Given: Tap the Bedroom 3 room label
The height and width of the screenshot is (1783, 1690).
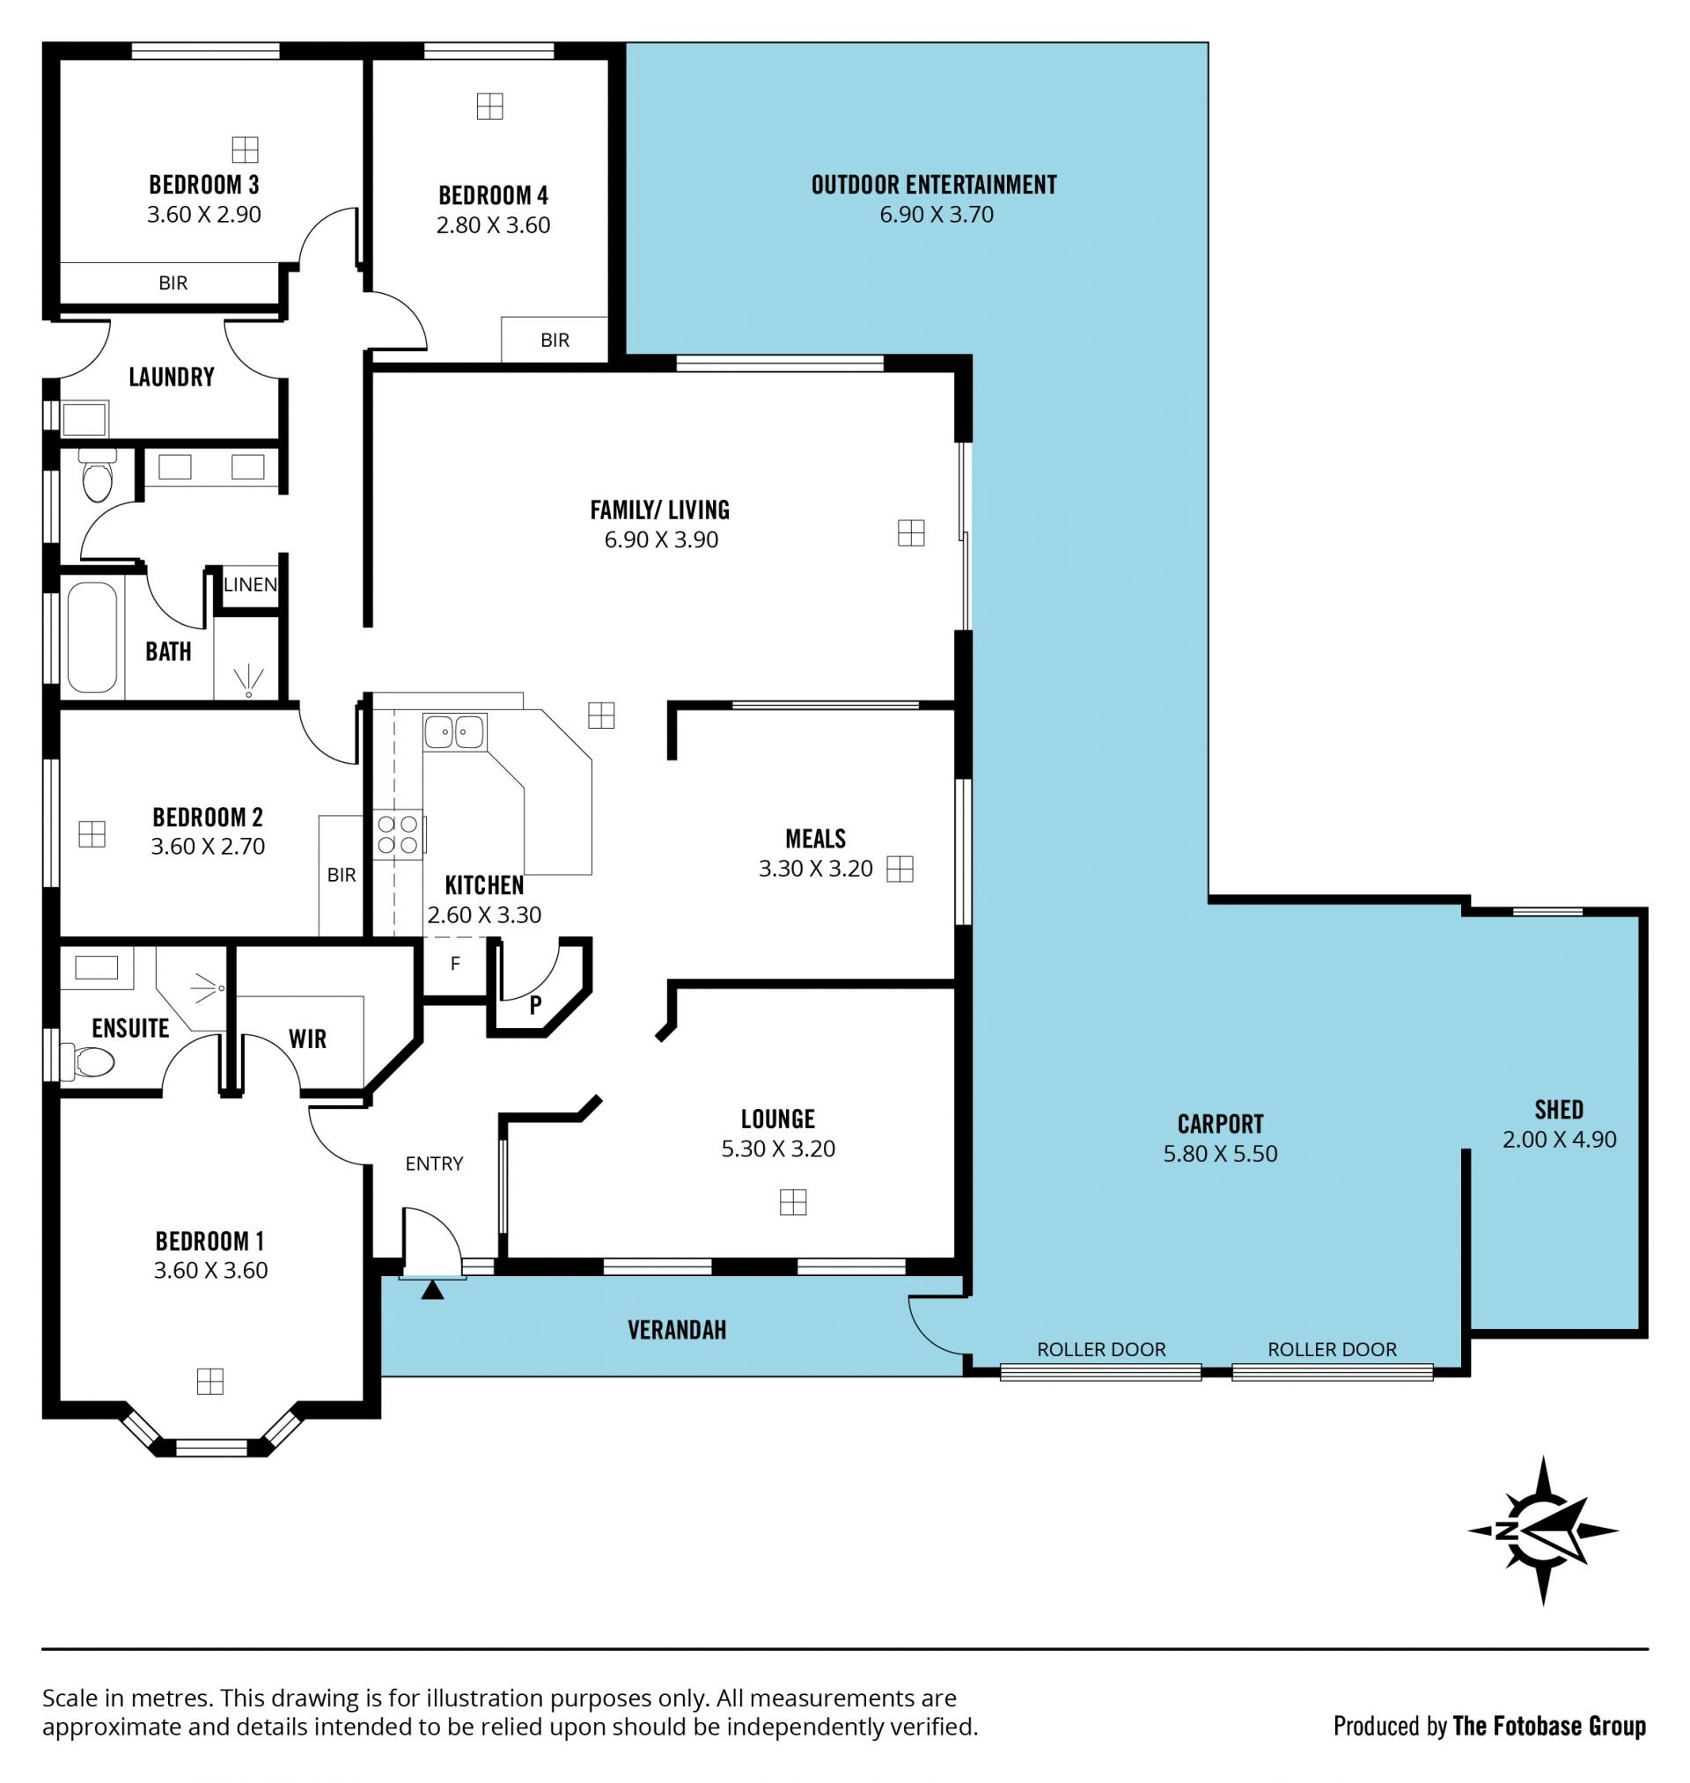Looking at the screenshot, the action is (203, 185).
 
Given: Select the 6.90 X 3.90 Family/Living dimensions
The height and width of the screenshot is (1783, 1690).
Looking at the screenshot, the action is (661, 539).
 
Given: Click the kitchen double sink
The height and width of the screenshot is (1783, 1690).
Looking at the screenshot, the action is (455, 731).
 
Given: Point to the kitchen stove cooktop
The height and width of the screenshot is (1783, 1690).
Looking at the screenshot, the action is (398, 834).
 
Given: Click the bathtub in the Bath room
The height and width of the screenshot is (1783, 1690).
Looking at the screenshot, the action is (92, 636).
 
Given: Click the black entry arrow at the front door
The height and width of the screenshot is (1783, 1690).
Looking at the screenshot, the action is (432, 1289).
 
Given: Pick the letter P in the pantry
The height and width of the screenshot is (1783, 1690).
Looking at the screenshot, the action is (536, 1005).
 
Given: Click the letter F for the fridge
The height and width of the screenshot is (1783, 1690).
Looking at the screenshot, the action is (455, 964).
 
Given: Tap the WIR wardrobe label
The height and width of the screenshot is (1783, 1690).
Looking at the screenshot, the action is (307, 1039).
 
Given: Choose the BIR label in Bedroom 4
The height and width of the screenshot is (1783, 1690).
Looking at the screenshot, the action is (555, 341).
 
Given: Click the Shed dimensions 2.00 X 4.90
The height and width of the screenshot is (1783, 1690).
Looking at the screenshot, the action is (1560, 1139).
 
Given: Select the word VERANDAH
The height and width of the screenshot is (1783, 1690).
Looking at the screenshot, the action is (677, 1330).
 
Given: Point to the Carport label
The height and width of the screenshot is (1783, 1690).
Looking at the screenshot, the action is (1221, 1124).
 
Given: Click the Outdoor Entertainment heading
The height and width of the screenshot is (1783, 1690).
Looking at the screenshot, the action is (934, 185).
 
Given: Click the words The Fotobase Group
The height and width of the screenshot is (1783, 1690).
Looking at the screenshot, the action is (1549, 1726).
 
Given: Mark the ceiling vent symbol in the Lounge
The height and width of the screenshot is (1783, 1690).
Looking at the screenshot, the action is (793, 1202).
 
